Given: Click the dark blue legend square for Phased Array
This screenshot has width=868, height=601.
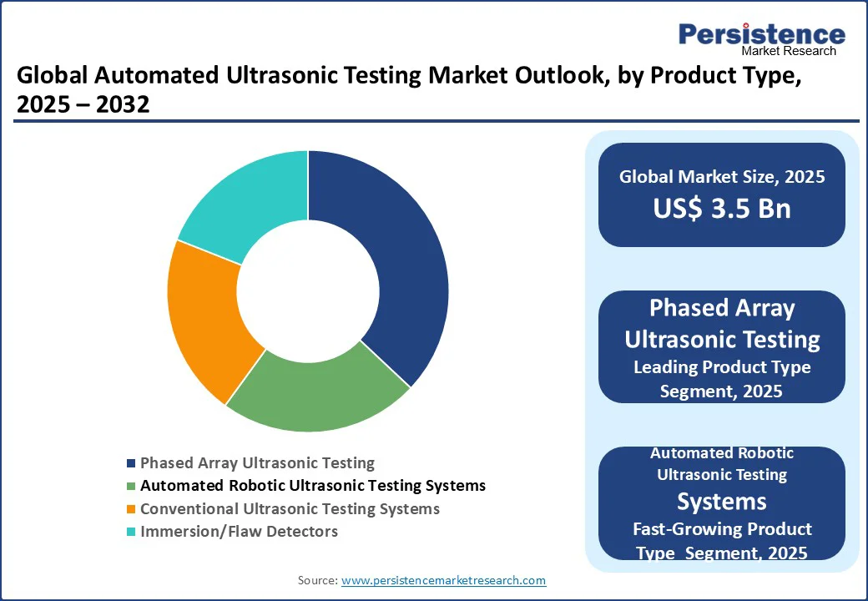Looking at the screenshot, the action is (x=131, y=463).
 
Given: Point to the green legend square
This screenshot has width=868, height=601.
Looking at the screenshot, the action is (x=131, y=486).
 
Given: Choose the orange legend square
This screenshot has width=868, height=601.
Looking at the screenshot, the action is (x=131, y=509).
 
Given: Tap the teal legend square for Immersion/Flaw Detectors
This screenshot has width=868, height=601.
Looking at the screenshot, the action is (x=131, y=532).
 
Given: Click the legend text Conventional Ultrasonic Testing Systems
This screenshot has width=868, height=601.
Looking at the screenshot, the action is (x=290, y=509).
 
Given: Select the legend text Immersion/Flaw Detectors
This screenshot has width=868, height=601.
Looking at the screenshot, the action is (x=240, y=532).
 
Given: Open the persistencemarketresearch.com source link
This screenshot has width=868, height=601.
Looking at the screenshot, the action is (x=443, y=580).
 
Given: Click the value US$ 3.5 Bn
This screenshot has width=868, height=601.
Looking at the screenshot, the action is (x=722, y=209).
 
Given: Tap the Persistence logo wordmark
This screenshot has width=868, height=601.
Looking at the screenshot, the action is (x=762, y=33).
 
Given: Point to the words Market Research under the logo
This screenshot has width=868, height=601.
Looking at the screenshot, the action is (x=789, y=51).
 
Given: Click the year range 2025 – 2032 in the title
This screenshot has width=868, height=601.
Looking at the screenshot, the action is (x=83, y=104).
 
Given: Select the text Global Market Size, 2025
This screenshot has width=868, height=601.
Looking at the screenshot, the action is (x=722, y=176).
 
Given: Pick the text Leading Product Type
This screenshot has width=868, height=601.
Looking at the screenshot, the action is (x=722, y=367).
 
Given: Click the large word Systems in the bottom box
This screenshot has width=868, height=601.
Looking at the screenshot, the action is (x=722, y=502).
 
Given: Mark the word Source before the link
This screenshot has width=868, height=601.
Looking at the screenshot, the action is (x=317, y=580).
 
